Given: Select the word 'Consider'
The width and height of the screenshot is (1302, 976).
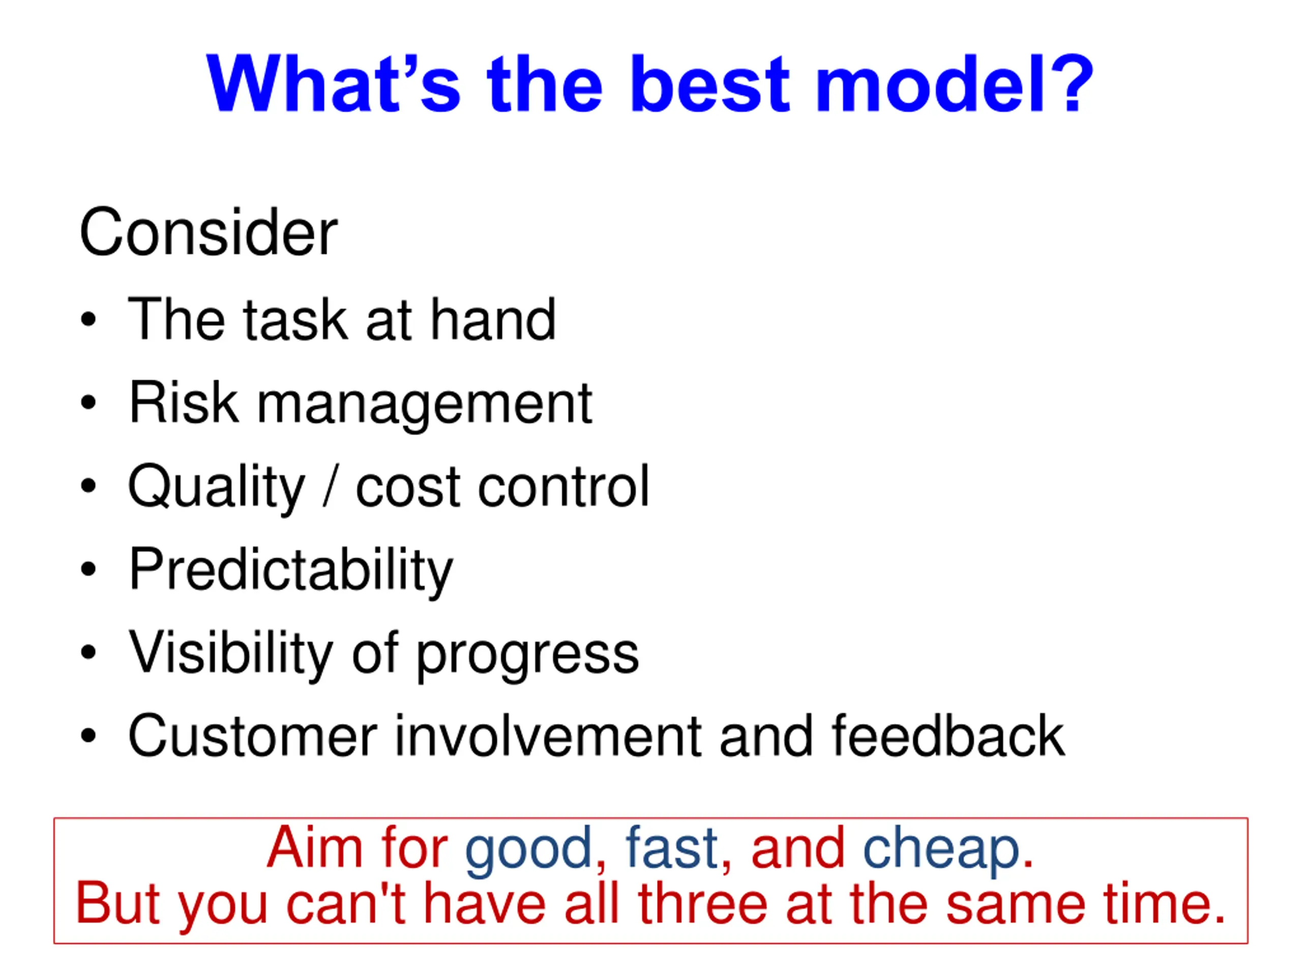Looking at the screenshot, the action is click(x=209, y=232).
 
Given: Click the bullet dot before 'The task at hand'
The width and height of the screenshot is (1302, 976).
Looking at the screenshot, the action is click(x=88, y=319).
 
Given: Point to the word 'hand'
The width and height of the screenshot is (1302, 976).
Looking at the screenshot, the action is click(x=493, y=319).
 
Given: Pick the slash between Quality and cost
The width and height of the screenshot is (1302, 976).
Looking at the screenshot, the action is click(x=331, y=485).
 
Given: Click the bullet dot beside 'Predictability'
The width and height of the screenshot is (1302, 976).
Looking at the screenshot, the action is click(x=88, y=569).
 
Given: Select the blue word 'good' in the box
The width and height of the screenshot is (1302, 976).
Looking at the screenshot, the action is click(x=528, y=850).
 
